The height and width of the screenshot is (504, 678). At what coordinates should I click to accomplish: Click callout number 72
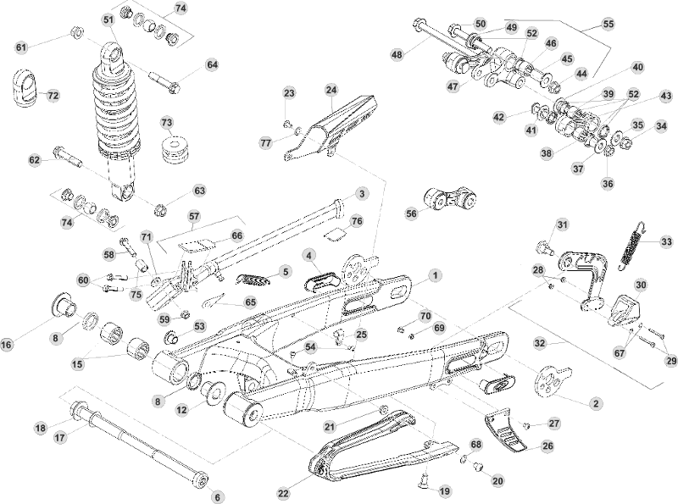pyautogui.click(x=53, y=96)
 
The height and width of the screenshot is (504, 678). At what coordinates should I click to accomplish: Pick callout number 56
pyautogui.click(x=412, y=214)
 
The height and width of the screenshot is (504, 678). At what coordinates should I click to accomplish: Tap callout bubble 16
pyautogui.click(x=7, y=344)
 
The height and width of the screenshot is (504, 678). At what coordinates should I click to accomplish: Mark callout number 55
pyautogui.click(x=609, y=25)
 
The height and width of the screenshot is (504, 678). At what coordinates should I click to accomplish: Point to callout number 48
pyautogui.click(x=397, y=54)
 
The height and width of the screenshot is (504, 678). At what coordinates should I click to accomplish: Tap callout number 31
pyautogui.click(x=561, y=224)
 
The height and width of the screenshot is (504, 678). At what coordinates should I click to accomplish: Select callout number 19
pyautogui.click(x=445, y=490)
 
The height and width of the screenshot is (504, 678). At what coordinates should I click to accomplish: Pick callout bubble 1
pyautogui.click(x=434, y=275)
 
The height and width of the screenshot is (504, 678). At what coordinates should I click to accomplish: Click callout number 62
pyautogui.click(x=35, y=159)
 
